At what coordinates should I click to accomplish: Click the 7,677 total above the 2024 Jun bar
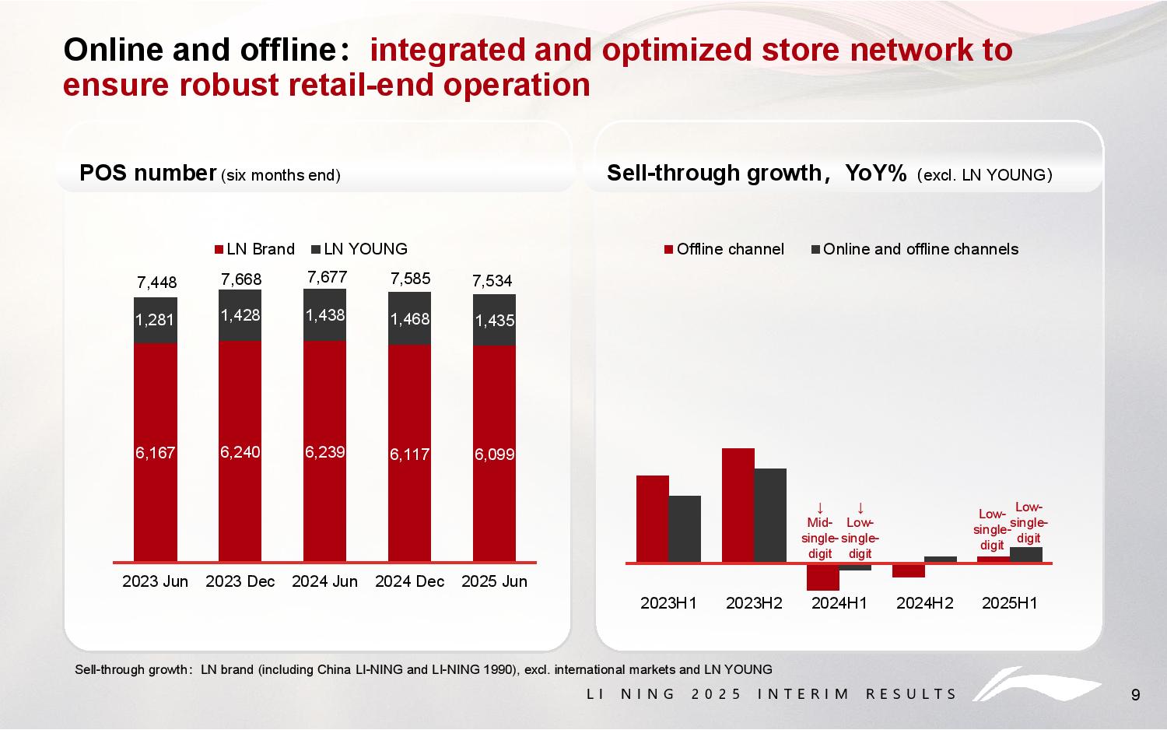[327, 277]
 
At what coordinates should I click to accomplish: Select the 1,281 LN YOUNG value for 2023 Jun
[155, 319]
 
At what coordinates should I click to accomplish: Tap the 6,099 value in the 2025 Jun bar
[494, 454]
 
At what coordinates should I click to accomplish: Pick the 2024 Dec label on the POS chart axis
[409, 581]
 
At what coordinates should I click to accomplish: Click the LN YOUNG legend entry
[359, 249]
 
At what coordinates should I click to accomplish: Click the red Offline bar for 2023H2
[738, 504]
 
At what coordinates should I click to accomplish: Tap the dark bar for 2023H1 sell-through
[685, 528]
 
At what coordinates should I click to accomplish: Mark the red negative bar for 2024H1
[822, 577]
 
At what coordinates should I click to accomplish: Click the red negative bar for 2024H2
[908, 570]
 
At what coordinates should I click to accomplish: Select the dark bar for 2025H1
[1025, 554]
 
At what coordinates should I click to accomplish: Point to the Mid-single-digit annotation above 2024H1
[819, 538]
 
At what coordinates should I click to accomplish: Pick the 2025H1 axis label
[1009, 603]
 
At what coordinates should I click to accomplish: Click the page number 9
[1135, 695]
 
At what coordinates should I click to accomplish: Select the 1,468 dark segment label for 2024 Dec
[409, 319]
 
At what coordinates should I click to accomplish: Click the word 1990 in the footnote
[498, 669]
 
